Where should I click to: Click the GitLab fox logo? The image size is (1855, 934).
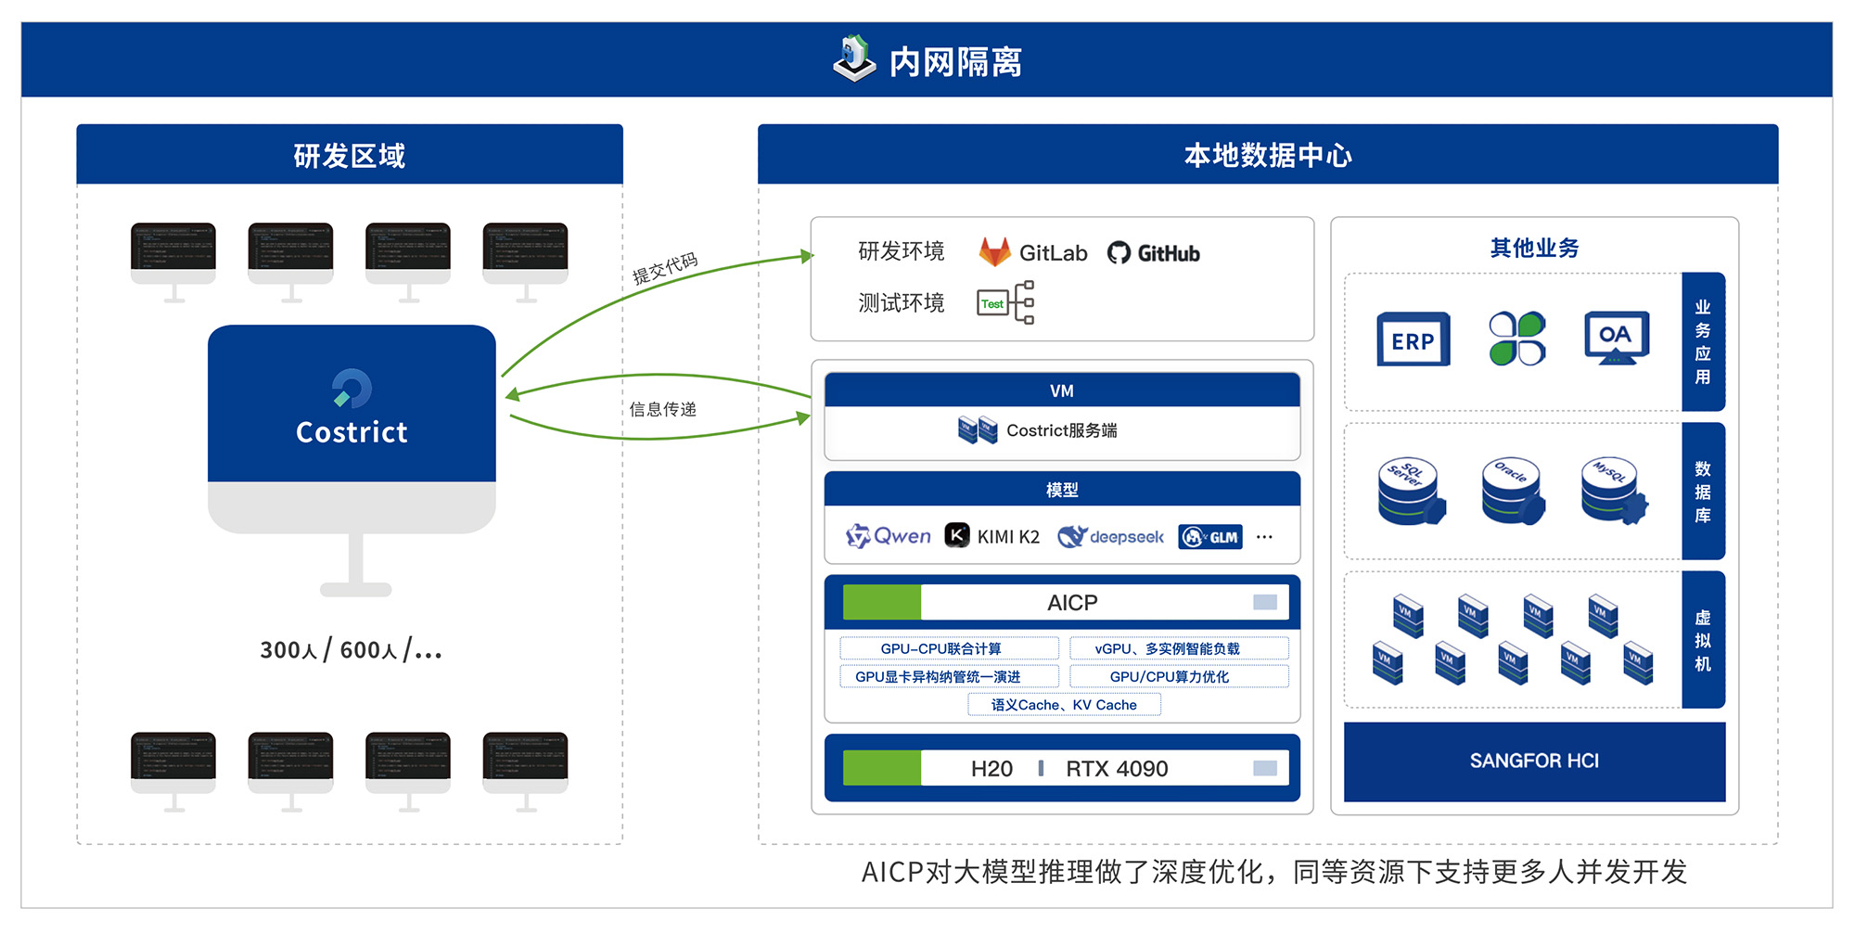[x=994, y=252]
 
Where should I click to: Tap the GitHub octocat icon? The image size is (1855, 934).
[x=1119, y=253]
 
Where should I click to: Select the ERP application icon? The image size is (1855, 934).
[x=1413, y=340]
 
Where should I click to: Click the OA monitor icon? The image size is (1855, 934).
[x=1616, y=338]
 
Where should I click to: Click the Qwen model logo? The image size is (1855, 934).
[x=888, y=536]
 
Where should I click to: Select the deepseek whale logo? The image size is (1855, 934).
[x=1072, y=536]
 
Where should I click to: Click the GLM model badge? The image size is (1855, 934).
[x=1210, y=537]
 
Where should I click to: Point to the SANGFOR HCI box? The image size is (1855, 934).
[x=1534, y=761]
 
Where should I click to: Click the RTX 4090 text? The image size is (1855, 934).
[x=1117, y=769]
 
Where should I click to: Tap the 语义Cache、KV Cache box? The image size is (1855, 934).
[x=1064, y=705]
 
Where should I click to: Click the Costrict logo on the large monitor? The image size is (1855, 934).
[x=352, y=389]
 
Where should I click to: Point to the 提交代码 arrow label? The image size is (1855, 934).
[x=664, y=268]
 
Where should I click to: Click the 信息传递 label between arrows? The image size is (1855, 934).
[x=662, y=409]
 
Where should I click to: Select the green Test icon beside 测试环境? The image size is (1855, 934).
[x=991, y=303]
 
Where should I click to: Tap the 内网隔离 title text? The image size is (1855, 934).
[x=955, y=62]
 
